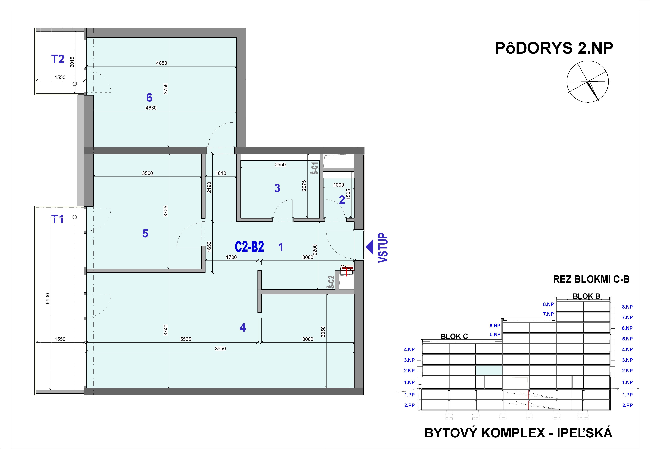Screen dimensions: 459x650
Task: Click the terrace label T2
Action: click(58, 59)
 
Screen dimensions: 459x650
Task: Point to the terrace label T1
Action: click(57, 219)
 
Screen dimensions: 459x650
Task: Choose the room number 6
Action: click(149, 98)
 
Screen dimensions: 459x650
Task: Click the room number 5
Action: click(145, 233)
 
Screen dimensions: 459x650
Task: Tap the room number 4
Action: click(243, 328)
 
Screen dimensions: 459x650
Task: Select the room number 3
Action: click(277, 188)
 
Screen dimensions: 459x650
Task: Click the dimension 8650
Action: click(220, 348)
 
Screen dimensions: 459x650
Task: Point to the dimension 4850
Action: click(162, 63)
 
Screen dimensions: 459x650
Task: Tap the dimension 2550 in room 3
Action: click(280, 165)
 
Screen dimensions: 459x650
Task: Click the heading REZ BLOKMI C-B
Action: click(591, 279)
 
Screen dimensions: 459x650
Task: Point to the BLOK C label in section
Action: click(454, 336)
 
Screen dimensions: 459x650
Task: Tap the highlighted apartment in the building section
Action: click(489, 370)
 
